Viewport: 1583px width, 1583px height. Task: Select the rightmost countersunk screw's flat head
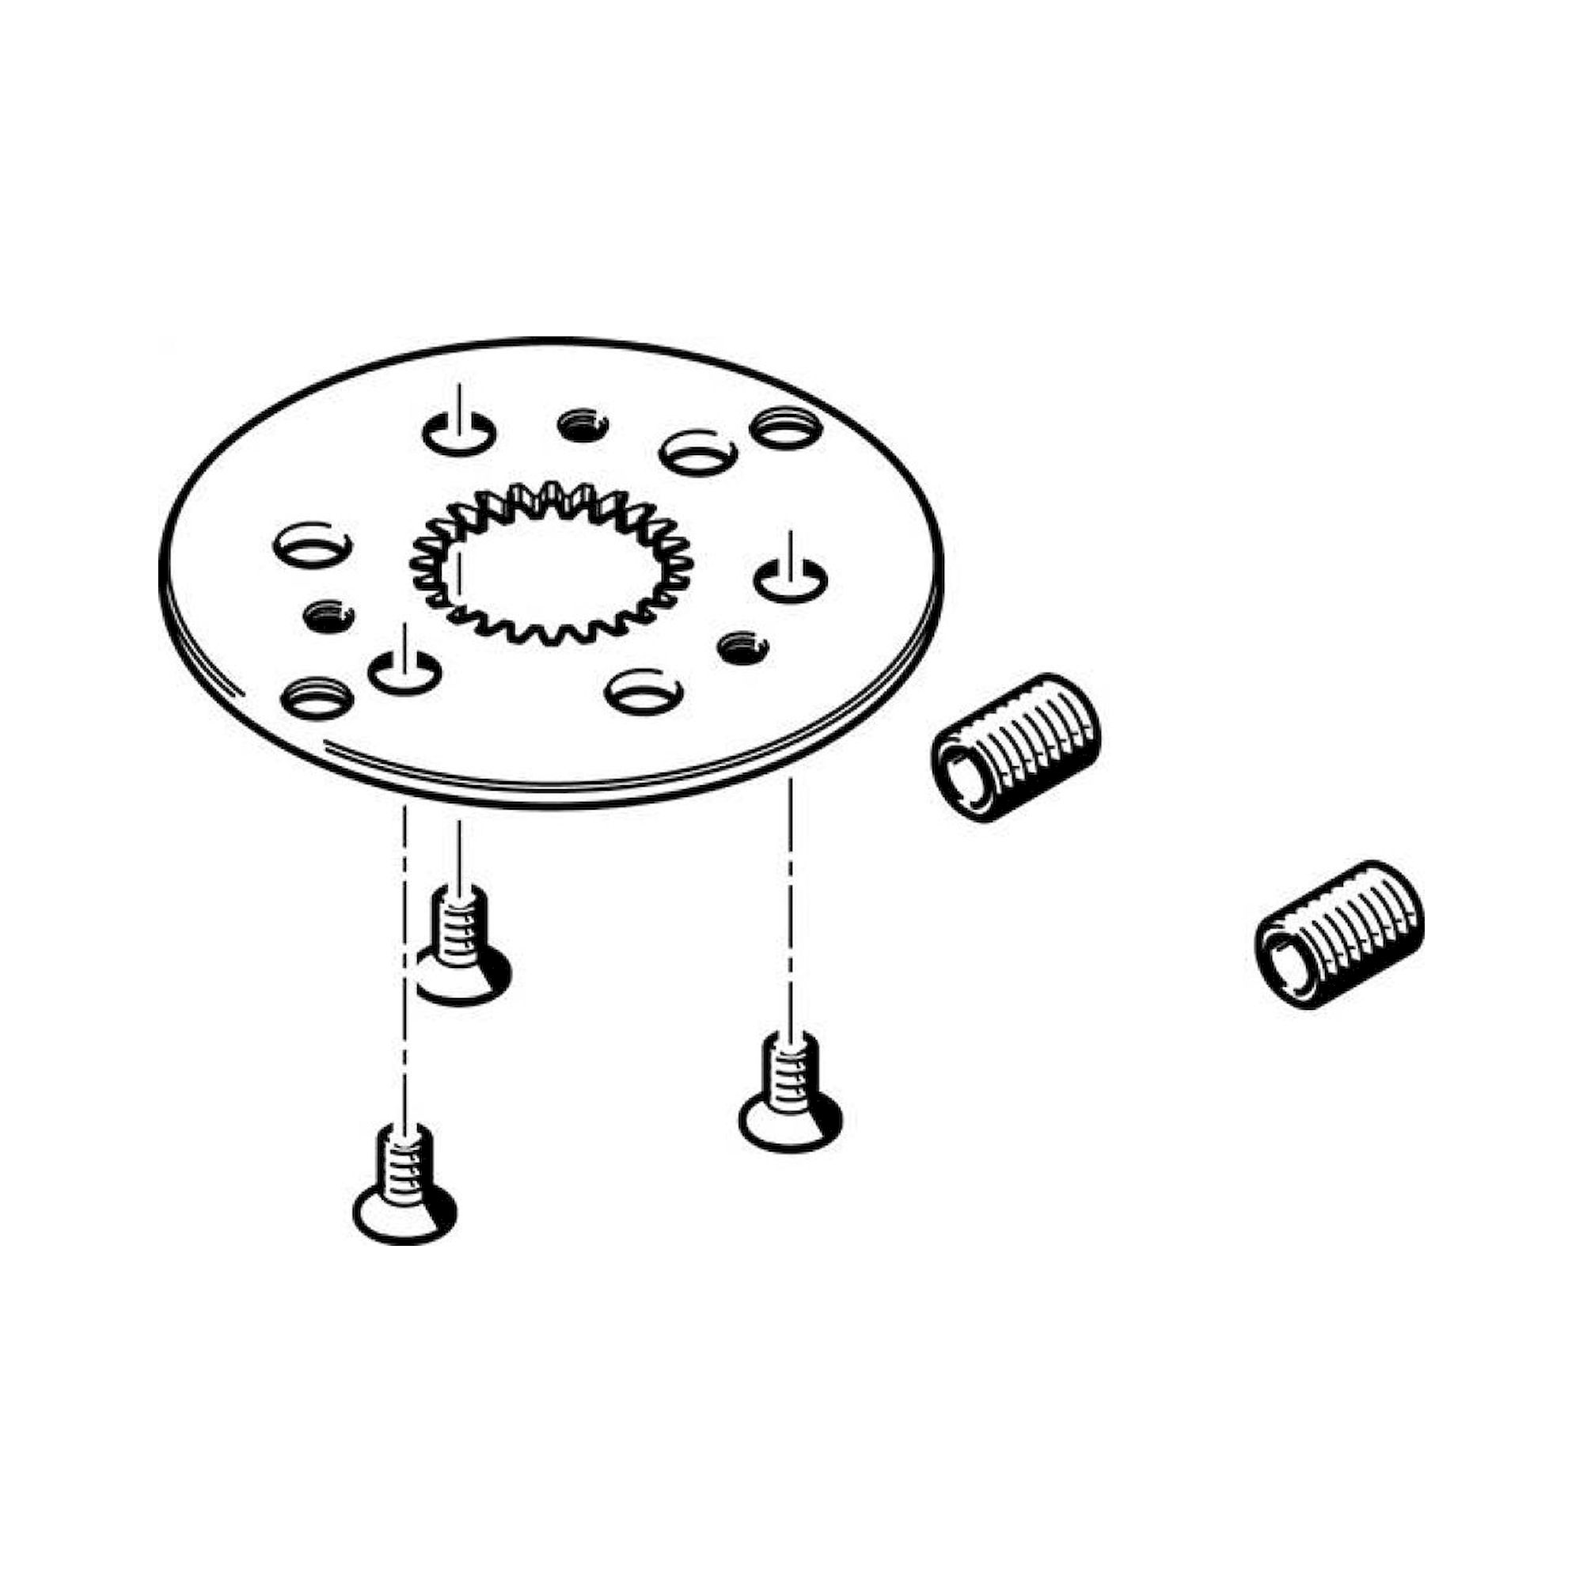pos(789,1117)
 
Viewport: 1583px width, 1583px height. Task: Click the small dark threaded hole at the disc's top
pos(582,424)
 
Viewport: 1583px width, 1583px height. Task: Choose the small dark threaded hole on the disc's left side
pos(328,615)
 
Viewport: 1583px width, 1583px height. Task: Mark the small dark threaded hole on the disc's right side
pos(742,648)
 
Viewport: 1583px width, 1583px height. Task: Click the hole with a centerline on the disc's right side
pos(789,581)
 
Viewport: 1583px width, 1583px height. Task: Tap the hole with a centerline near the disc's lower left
pos(404,672)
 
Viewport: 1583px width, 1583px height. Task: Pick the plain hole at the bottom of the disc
pos(643,690)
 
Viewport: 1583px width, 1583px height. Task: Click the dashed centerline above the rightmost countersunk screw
pos(790,902)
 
